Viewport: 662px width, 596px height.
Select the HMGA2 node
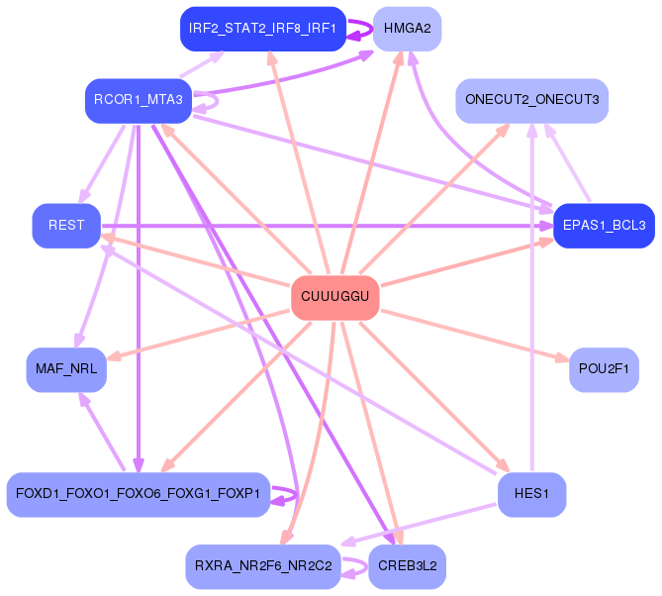(407, 29)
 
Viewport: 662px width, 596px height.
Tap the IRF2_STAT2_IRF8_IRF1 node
(261, 29)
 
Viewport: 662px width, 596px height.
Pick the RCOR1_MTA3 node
(138, 100)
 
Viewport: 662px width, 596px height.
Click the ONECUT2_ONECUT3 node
(531, 100)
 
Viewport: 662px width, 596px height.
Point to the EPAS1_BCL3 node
(604, 226)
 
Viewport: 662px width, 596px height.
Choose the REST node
(66, 226)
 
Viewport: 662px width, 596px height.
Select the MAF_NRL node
(66, 370)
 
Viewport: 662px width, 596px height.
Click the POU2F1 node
(604, 370)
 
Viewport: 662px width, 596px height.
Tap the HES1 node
(531, 493)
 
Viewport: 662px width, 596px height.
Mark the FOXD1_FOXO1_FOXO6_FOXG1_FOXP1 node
(138, 493)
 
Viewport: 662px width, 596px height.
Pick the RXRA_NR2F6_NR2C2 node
(263, 566)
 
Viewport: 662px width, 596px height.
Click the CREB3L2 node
(407, 566)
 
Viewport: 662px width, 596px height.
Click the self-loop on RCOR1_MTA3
(215, 99)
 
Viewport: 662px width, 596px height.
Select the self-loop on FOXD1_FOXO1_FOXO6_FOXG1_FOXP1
(292, 493)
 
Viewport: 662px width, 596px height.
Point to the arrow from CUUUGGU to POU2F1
(475, 335)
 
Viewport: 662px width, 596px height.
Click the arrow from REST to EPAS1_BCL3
(327, 226)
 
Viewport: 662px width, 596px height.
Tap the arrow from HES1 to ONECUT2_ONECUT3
(532, 297)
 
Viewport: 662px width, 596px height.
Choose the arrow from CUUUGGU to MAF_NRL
(198, 336)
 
